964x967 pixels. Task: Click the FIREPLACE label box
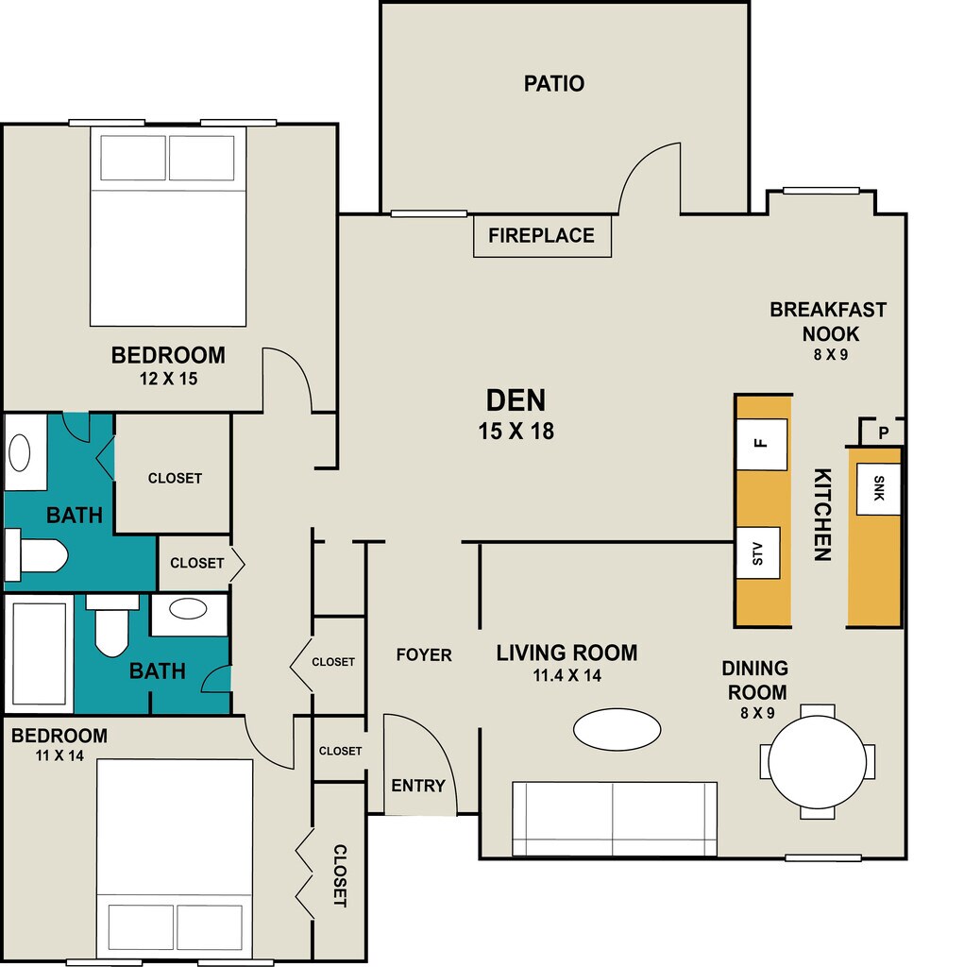tap(542, 235)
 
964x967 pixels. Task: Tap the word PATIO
tap(554, 83)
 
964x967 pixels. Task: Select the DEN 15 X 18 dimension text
tap(516, 431)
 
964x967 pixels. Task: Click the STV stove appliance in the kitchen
tap(758, 553)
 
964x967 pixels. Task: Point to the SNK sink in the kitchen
tap(878, 488)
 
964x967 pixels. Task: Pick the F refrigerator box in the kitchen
tap(762, 444)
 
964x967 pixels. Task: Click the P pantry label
tap(884, 433)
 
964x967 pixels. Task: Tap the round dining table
tap(818, 762)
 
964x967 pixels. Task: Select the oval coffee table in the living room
tap(617, 729)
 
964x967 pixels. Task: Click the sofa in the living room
tap(615, 819)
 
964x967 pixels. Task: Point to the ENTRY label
tap(418, 786)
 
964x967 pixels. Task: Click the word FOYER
tap(424, 654)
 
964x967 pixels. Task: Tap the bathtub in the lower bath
tap(40, 653)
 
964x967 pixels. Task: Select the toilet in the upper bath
tap(37, 555)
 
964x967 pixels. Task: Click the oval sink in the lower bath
tap(188, 609)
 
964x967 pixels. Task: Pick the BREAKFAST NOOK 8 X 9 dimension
tap(830, 355)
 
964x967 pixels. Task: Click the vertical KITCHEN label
tap(822, 515)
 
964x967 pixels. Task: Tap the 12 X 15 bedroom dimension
tap(168, 379)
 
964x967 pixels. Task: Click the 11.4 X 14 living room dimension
tap(567, 675)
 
